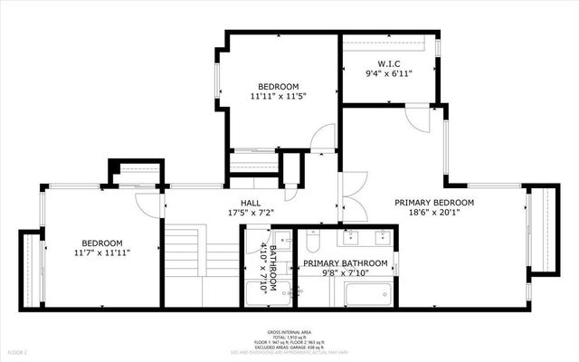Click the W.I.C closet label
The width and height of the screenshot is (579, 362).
tap(388, 63)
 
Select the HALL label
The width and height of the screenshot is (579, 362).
tap(252, 203)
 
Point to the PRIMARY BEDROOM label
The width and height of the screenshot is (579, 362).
tap(434, 202)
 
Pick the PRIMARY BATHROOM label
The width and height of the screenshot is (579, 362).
tap(345, 263)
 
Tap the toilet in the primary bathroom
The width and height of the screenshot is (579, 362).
tap(313, 241)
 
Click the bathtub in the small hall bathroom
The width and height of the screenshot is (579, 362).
tap(269, 292)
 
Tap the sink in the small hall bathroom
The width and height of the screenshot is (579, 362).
tap(281, 240)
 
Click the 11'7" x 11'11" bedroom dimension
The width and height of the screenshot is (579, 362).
tap(102, 254)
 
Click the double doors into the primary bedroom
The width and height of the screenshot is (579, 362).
tap(353, 195)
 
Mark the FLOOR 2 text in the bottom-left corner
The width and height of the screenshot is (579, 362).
tap(17, 351)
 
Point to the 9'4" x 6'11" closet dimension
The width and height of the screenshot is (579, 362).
tap(388, 74)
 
